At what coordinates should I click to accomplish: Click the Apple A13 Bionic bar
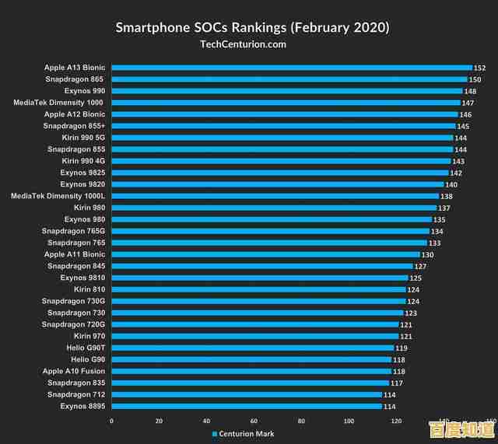[292, 68]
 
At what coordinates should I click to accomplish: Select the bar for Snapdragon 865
[289, 79]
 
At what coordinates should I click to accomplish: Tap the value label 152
[479, 68]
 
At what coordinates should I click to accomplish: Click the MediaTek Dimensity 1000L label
[58, 196]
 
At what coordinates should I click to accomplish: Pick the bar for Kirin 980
[274, 208]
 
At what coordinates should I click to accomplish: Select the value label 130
[427, 255]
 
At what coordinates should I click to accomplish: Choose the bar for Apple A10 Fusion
[251, 371]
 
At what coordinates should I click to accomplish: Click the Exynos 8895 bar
[247, 406]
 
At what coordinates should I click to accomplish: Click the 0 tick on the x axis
[111, 421]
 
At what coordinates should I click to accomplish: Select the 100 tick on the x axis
[349, 421]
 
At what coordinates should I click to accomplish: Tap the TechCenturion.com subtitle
[243, 44]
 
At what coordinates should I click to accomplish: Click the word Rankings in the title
[255, 28]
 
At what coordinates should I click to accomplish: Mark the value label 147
[468, 103]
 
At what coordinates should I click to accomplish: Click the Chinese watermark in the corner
[462, 428]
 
